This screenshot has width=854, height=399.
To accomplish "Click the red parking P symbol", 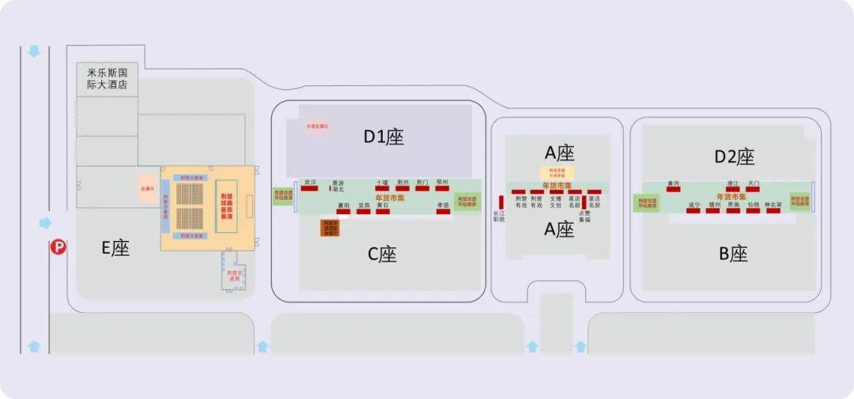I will (58, 247).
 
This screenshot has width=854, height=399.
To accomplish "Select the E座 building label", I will (115, 248).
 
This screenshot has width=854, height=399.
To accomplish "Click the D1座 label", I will (384, 137).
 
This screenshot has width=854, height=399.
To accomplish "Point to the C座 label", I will (382, 254).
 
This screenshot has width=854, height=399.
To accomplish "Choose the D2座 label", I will (735, 156).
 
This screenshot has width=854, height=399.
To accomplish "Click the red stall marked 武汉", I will (309, 188).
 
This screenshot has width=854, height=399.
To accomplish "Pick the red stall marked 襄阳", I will (344, 211).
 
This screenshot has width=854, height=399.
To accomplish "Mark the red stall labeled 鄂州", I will (441, 188).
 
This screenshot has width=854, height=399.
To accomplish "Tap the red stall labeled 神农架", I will (773, 211).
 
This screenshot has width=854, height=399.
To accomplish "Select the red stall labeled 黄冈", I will (674, 189).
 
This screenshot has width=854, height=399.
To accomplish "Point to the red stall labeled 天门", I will (753, 189).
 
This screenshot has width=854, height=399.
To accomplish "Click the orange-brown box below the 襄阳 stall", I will (330, 228).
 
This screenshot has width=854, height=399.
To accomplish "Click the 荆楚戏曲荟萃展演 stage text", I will (225, 206).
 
